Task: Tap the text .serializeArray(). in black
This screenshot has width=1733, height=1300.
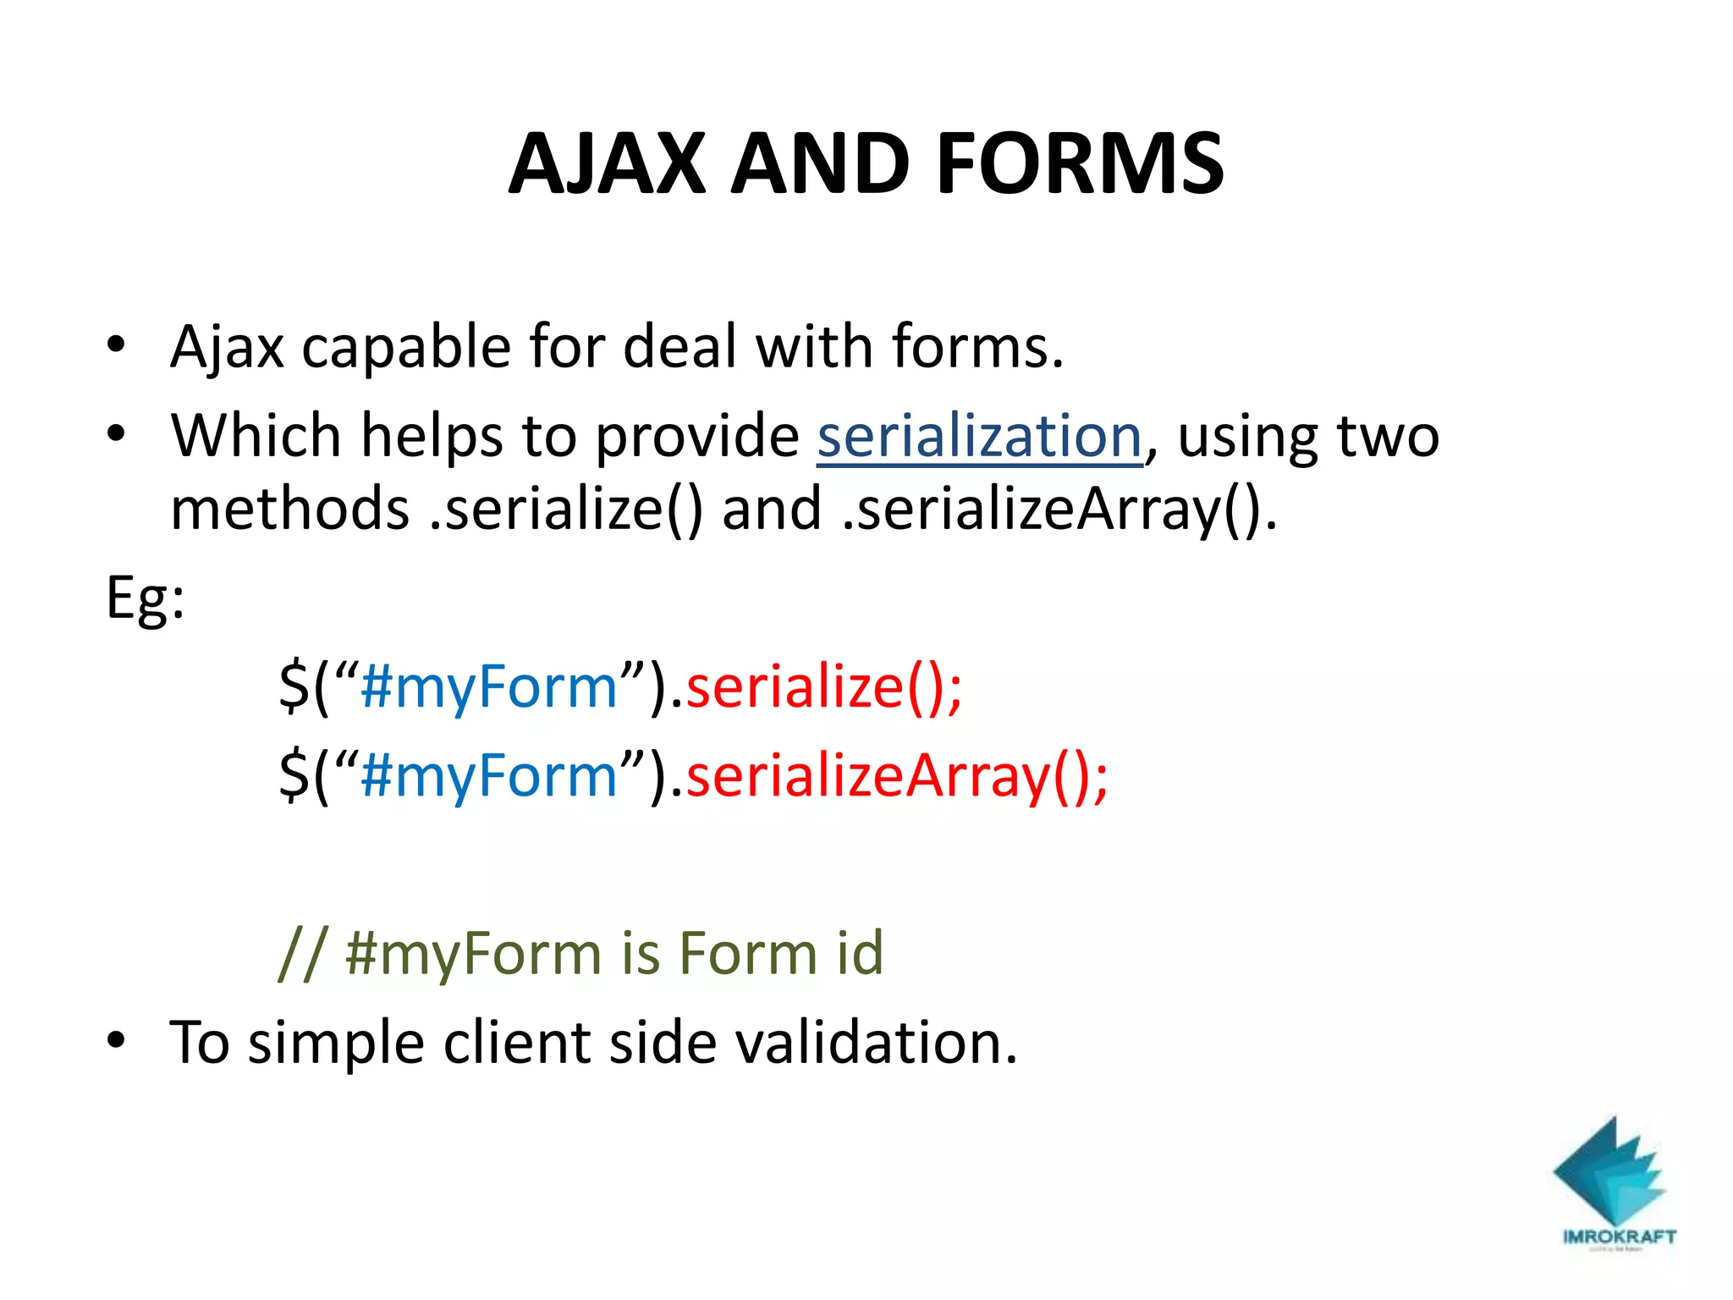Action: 1059,510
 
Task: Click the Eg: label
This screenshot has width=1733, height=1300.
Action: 145,599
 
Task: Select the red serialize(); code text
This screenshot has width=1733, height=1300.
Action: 823,686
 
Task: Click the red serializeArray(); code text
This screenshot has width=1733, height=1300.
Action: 896,776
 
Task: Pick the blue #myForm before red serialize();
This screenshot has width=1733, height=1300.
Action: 489,686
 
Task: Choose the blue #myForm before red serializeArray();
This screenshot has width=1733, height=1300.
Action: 489,776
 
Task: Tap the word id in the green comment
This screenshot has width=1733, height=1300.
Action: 860,953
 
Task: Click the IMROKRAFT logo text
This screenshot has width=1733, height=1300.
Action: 1619,1237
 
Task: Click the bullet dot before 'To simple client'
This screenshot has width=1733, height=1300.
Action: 116,1040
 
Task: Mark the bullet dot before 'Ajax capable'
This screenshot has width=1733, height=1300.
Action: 116,345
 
